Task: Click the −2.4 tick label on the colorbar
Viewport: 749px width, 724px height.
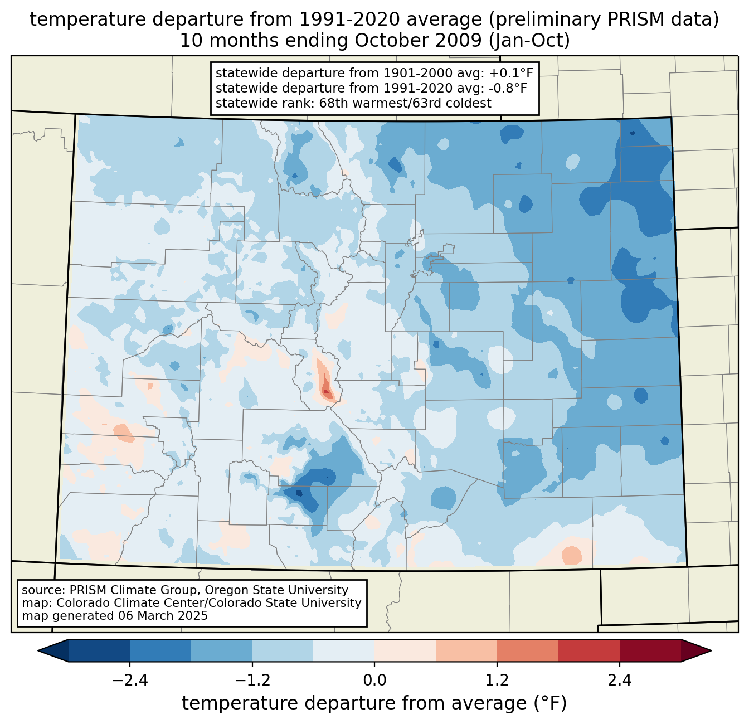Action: tap(129, 681)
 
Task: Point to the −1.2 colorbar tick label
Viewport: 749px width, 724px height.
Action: tap(252, 681)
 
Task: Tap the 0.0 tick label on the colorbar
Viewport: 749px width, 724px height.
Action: tap(374, 681)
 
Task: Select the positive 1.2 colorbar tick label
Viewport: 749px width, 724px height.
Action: tap(497, 681)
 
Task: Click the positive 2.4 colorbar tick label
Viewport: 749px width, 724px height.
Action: tap(620, 681)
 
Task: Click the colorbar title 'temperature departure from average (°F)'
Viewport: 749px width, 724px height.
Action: tap(374, 703)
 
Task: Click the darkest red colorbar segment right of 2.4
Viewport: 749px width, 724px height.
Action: tap(650, 650)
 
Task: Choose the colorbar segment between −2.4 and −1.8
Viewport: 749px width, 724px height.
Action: tap(160, 650)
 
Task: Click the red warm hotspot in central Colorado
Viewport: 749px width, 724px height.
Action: tap(326, 387)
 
